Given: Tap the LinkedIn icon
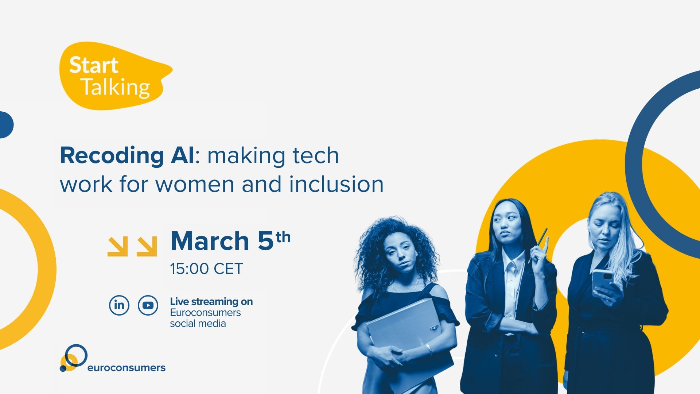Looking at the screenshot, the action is click(119, 305).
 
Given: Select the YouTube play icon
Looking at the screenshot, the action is click(148, 305).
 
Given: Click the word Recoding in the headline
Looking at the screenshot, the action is click(112, 156).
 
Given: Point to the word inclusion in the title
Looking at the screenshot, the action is click(336, 184).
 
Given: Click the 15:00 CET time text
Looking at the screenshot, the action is click(206, 269).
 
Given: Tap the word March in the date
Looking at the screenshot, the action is click(210, 241).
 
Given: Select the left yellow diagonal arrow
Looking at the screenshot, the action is click(118, 246).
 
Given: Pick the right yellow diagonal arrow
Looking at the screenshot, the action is click(147, 246).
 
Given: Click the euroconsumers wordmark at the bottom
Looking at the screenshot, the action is click(126, 367).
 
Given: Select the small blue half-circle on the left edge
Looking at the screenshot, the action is click(6, 125).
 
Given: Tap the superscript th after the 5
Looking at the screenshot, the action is click(283, 237).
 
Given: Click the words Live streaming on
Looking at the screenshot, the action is click(211, 302).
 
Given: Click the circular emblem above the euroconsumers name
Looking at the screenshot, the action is click(74, 358).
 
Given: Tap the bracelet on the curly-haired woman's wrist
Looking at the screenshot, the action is click(429, 348).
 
